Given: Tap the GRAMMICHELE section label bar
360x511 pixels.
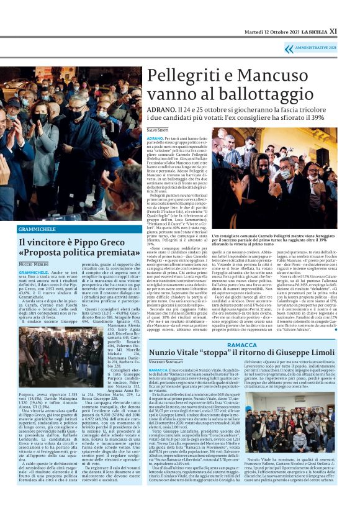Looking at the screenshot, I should point(71,228).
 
